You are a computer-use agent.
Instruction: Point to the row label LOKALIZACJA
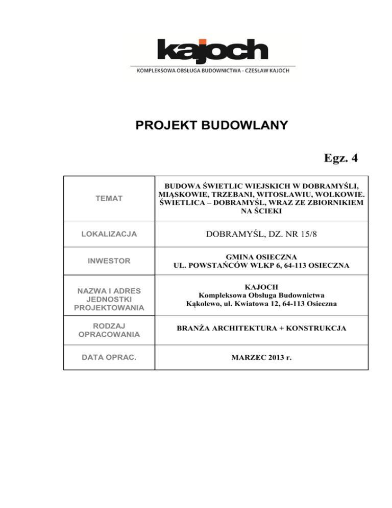tap(109, 234)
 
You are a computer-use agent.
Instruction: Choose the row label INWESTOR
tap(109, 261)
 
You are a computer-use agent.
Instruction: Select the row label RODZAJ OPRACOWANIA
tap(109, 330)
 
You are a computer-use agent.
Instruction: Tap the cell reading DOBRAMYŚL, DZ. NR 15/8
tap(261, 234)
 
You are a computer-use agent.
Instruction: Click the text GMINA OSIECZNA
tap(261, 257)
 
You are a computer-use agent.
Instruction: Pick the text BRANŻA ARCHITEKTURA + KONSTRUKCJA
tap(261, 330)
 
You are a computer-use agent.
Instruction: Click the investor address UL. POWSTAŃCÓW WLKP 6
tap(261, 266)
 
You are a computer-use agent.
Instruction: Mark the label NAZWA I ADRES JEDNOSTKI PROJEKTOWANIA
tap(109, 299)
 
